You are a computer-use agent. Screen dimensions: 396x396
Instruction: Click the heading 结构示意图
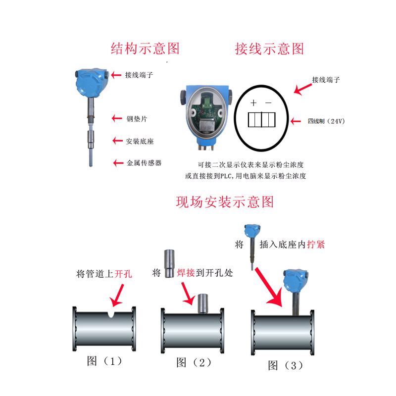click(145, 48)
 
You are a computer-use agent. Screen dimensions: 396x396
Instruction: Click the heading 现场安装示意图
click(225, 201)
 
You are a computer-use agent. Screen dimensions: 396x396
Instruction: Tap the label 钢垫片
click(136, 119)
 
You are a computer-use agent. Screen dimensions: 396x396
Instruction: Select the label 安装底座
click(140, 141)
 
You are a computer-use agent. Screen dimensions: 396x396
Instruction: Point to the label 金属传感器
click(144, 162)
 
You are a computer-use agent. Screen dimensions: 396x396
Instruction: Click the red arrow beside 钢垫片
click(116, 118)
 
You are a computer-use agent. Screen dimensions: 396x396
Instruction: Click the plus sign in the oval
click(253, 103)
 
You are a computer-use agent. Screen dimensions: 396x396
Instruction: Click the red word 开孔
click(123, 273)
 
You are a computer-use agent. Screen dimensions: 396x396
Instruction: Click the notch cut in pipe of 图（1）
click(110, 314)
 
